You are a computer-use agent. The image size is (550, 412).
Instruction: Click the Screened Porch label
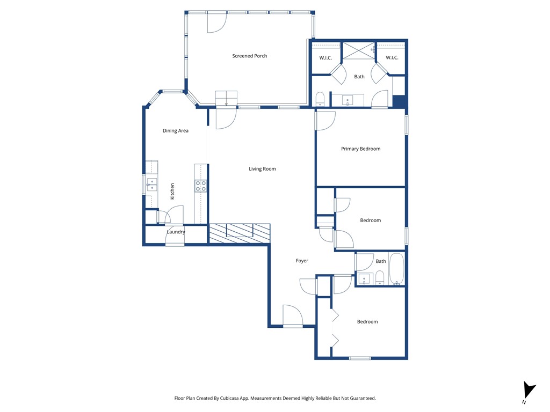click(249, 56)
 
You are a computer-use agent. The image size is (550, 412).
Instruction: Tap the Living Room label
click(262, 169)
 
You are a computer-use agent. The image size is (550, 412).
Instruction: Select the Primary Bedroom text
click(360, 149)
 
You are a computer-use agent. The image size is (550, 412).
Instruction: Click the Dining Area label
click(176, 130)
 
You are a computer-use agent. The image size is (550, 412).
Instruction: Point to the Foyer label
click(302, 261)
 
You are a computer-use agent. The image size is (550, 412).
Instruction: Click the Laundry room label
click(176, 232)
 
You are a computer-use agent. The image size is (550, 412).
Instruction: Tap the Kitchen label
click(172, 192)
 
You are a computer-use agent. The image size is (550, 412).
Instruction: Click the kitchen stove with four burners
click(201, 186)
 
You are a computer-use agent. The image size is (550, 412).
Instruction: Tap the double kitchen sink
click(152, 185)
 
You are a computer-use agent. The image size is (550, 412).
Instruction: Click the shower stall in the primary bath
click(358, 50)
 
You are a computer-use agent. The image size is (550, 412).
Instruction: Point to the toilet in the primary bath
click(320, 99)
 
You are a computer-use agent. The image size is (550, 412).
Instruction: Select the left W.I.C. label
click(326, 57)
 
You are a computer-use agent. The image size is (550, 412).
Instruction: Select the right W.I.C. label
click(392, 57)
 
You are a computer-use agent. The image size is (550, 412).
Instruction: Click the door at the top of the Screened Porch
click(216, 21)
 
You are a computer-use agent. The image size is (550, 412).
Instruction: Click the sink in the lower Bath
click(365, 278)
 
